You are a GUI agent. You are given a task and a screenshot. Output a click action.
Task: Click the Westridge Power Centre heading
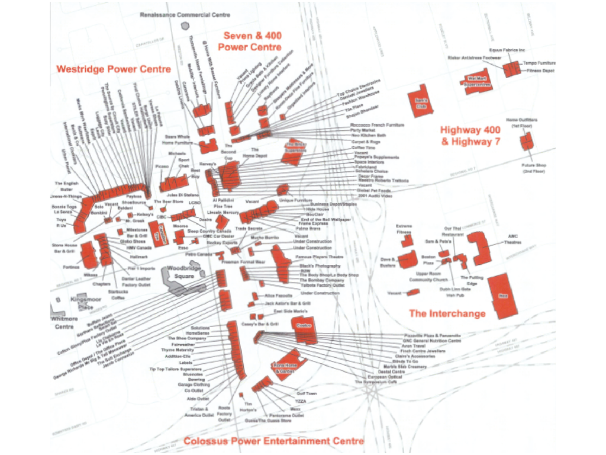pos(113,69)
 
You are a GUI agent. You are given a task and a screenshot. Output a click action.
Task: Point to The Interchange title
pos(447,313)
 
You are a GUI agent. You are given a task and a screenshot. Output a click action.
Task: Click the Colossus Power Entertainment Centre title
pos(273,441)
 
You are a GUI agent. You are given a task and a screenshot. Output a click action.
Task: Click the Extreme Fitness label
pos(404,229)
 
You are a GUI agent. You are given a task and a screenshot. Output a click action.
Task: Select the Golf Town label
pos(306,393)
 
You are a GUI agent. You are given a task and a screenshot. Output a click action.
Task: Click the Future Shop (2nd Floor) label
pos(533,168)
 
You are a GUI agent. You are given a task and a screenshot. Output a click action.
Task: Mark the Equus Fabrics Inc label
pos(507,51)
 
